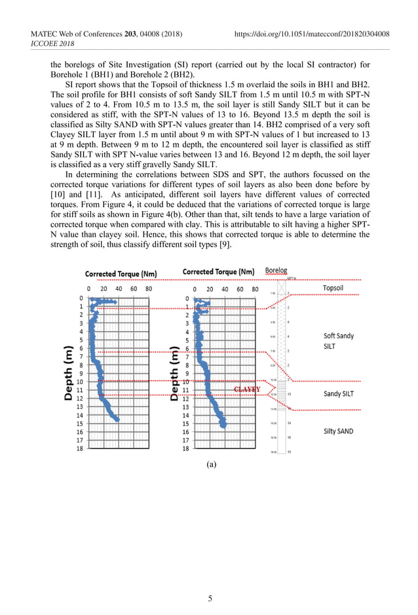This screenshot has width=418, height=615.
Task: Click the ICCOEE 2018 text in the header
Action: tap(52, 44)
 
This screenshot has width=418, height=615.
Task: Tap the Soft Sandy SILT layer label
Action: tap(339, 341)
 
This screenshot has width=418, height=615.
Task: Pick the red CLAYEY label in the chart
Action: tap(247, 389)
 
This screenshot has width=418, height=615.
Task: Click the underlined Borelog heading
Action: tap(276, 271)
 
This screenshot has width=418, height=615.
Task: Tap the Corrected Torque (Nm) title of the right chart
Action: tap(218, 271)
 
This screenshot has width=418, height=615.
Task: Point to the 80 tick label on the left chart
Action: tap(149, 288)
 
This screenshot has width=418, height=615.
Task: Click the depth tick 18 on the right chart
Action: tap(185, 449)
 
